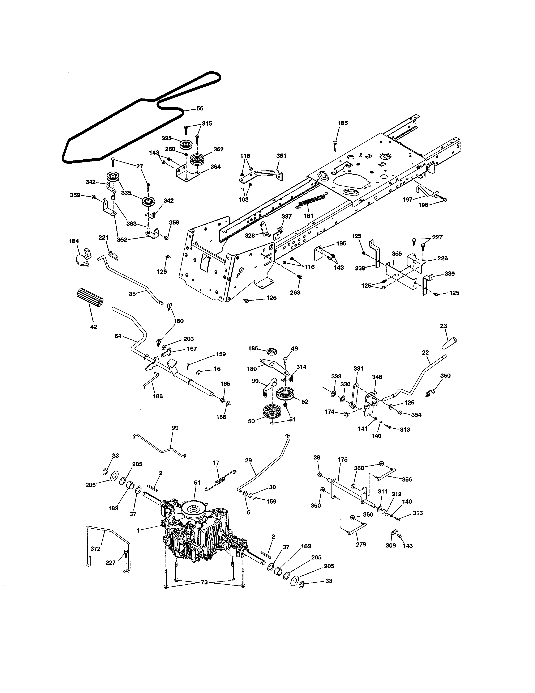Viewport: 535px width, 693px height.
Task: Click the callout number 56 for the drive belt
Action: pos(200,109)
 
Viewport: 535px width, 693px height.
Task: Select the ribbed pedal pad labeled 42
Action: pos(90,297)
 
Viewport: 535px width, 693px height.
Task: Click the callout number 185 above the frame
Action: pos(343,123)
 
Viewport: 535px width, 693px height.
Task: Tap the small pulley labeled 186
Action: pos(272,352)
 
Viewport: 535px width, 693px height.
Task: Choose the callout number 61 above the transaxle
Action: pos(197,482)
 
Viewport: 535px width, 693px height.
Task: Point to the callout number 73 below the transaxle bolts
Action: pos(204,582)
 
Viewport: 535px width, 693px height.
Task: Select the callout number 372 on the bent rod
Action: pos(95,549)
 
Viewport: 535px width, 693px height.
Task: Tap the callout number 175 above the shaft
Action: pos(343,459)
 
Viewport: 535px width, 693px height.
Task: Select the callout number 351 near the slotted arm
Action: pos(281,156)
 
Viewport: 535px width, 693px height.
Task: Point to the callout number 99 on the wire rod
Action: pos(175,428)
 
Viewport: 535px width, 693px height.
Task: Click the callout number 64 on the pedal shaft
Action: pos(118,336)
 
